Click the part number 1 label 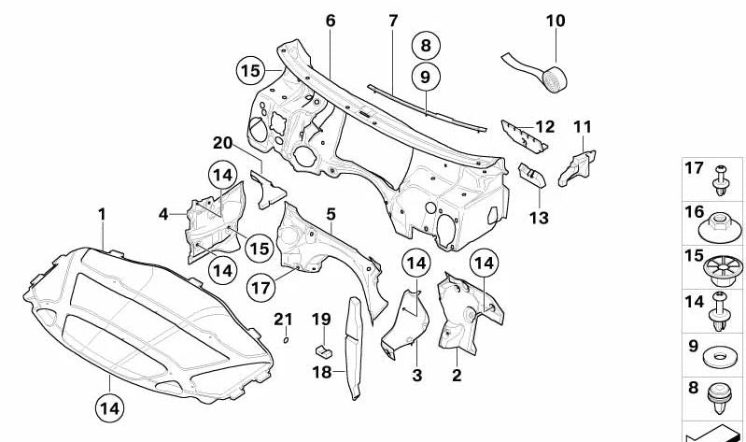[x=102, y=215]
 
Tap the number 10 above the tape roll [x=556, y=20]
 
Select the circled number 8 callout [x=425, y=44]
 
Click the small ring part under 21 [x=286, y=339]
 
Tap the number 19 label [x=320, y=320]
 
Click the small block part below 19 [x=323, y=350]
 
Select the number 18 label [x=320, y=372]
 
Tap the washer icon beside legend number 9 [x=720, y=355]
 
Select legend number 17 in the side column [x=693, y=169]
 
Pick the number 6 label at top [x=330, y=20]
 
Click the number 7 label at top [x=393, y=20]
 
